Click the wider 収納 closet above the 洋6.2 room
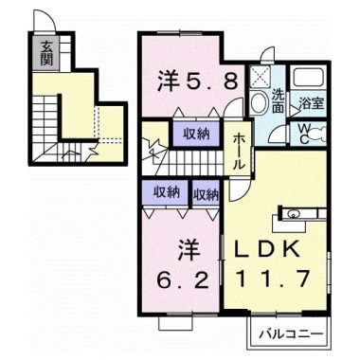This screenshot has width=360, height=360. coord(167,191)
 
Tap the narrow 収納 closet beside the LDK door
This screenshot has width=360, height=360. coord(206,193)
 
